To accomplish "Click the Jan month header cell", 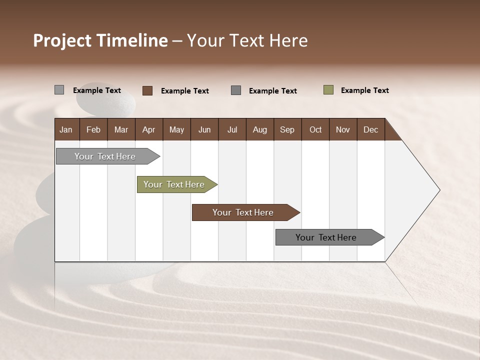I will click(x=66, y=129).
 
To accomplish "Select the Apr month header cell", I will click(x=149, y=129).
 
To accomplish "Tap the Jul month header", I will click(x=232, y=129).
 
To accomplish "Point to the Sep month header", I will click(x=287, y=129).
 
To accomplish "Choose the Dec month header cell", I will click(x=370, y=129).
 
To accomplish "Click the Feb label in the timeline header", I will click(x=93, y=129).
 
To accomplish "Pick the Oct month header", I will click(x=315, y=129).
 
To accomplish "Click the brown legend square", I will click(x=147, y=90).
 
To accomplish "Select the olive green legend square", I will click(x=328, y=90).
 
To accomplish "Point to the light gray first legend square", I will click(x=59, y=90).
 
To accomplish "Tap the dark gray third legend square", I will click(x=236, y=90).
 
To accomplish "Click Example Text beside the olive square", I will click(x=364, y=90).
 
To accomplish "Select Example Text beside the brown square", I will click(x=184, y=91).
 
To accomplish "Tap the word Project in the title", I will click(x=62, y=40).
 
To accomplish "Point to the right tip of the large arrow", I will click(x=439, y=190).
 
